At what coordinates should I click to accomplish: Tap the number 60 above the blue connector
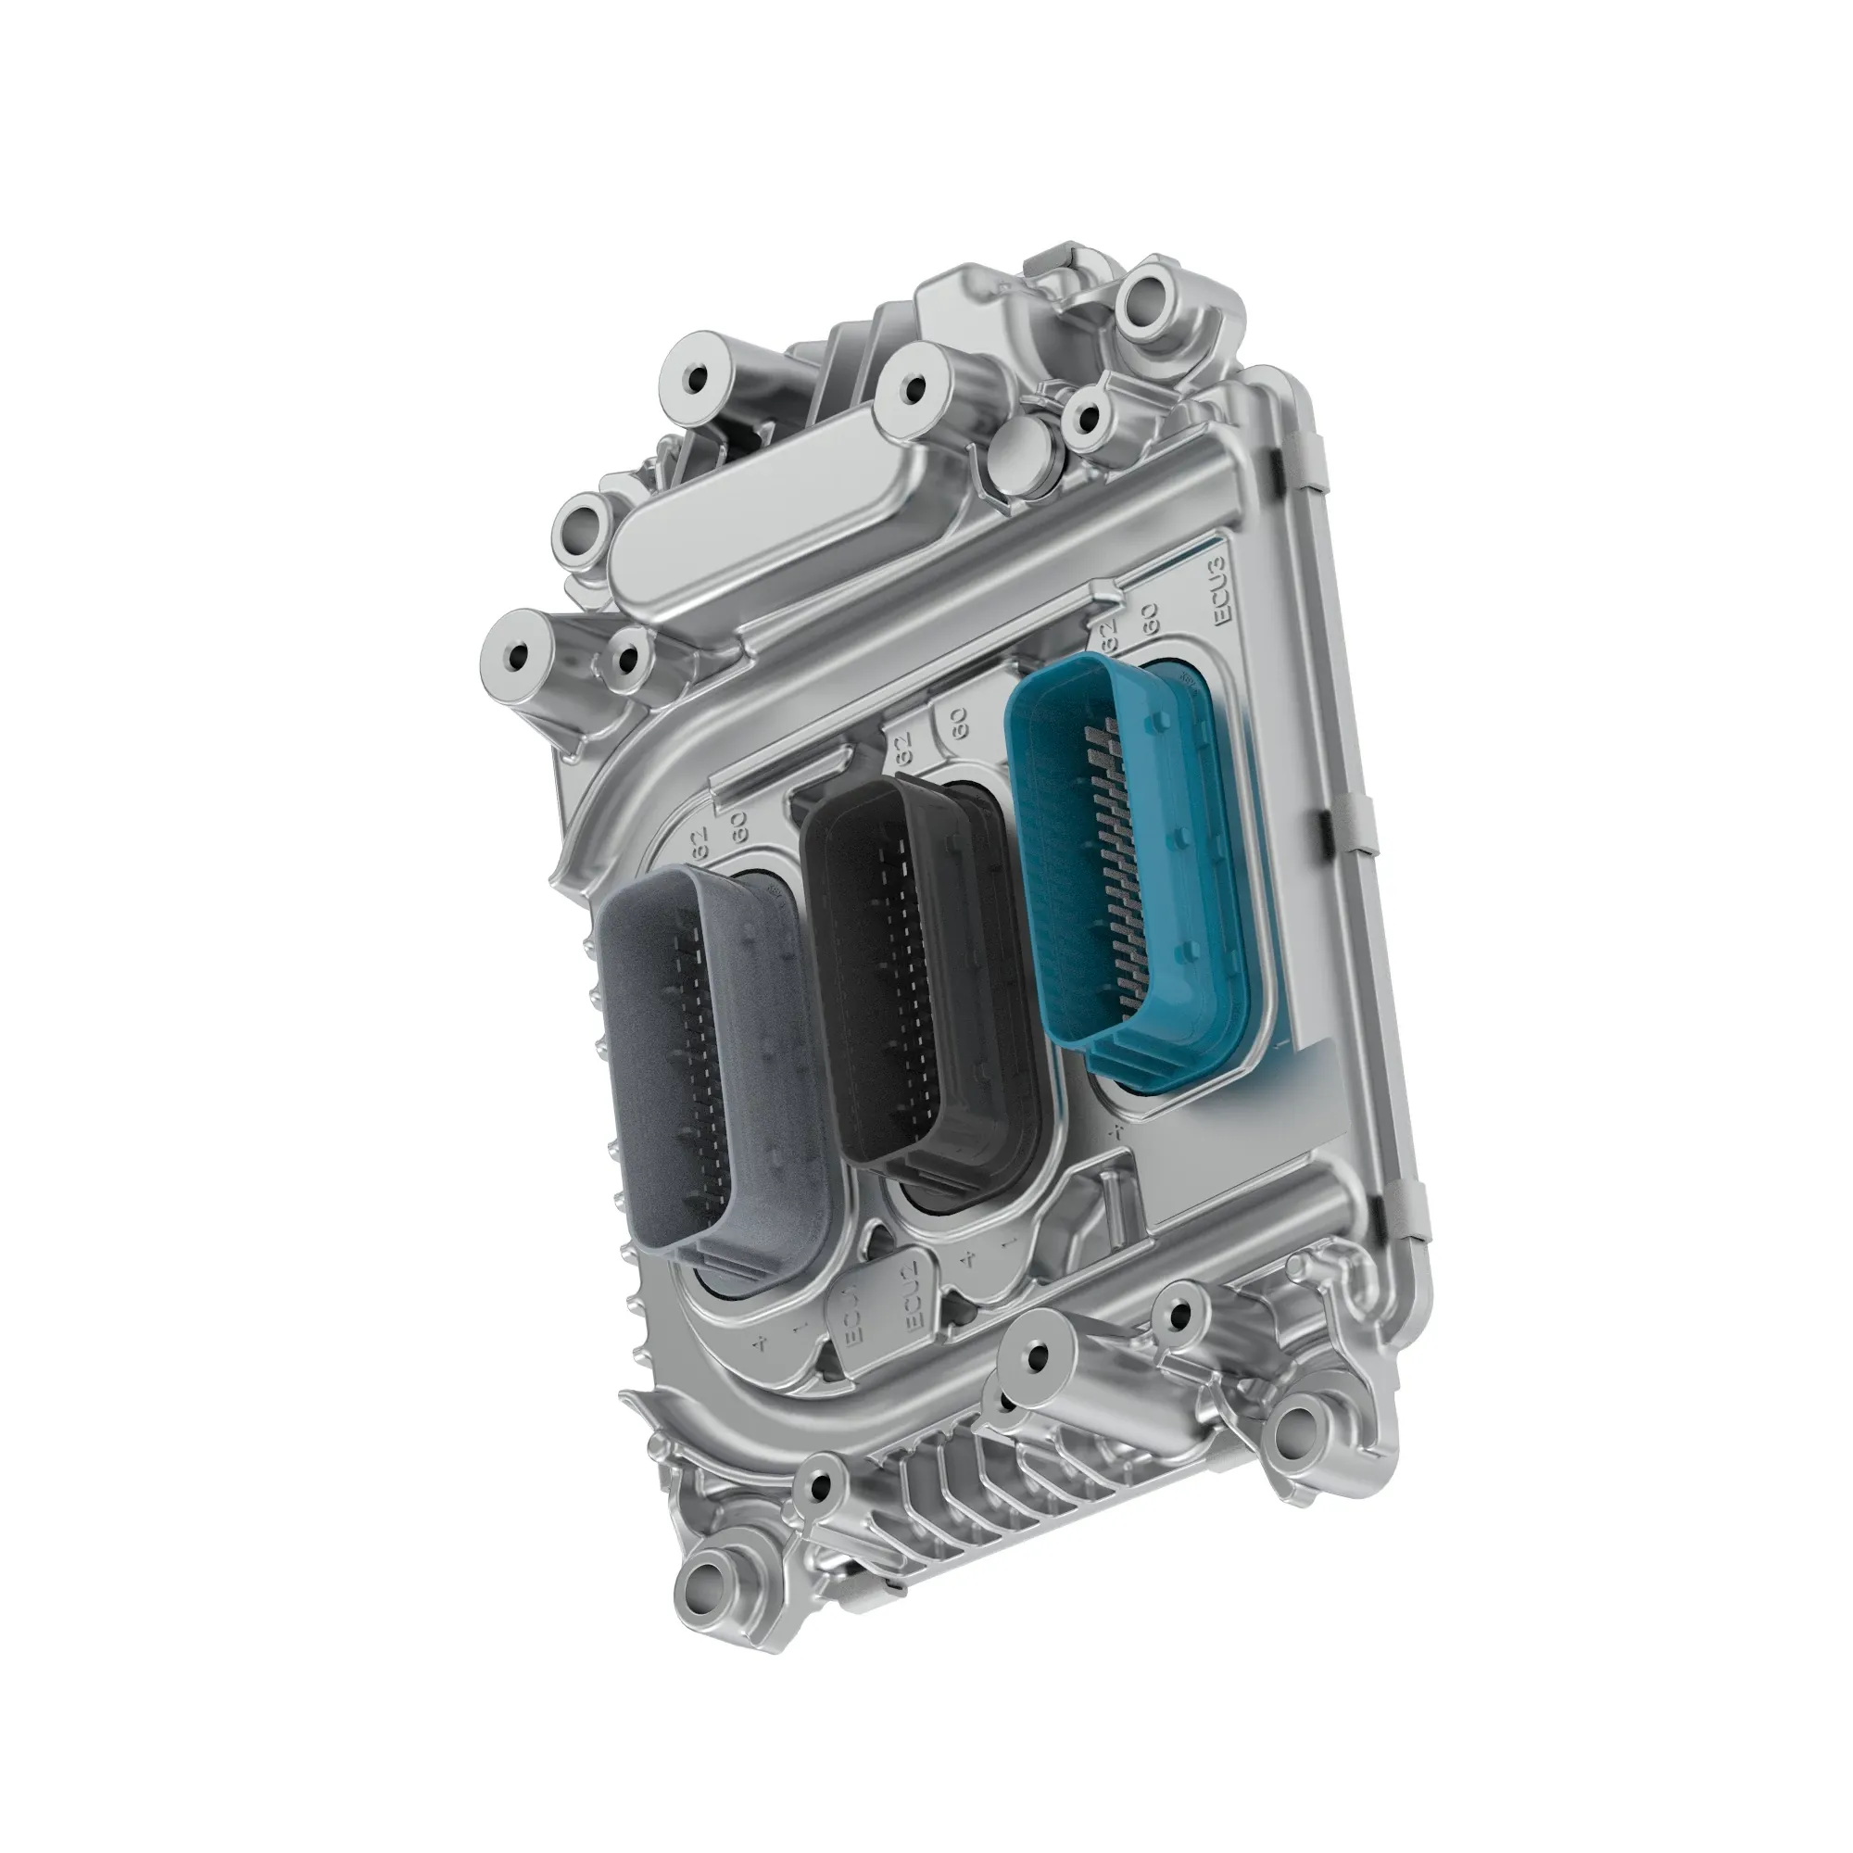1151,619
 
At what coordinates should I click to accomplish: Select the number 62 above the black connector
901,747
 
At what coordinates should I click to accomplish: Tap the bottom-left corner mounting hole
712,1576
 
